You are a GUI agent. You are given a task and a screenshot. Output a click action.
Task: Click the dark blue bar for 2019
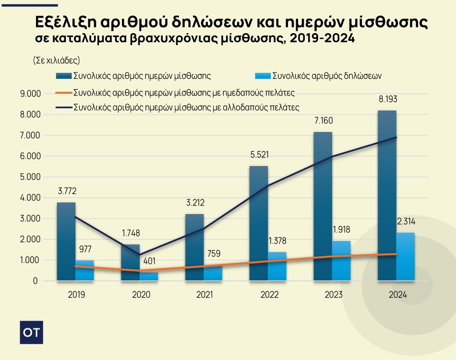point(66,241)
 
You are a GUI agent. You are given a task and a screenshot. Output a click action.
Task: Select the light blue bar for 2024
point(406,256)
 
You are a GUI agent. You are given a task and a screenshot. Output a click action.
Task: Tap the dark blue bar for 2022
point(259,223)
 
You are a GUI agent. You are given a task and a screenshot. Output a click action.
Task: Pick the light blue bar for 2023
point(341,261)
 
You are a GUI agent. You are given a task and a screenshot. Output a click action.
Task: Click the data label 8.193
point(388,99)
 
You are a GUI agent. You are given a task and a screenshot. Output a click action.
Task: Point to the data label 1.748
point(131,233)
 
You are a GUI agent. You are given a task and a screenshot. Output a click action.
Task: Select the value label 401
point(149,261)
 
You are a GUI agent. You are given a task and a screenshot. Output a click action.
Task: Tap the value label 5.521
point(259,155)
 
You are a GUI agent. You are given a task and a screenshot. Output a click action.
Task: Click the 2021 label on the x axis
point(204,295)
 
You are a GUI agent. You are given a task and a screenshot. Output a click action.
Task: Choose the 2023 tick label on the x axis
point(333,295)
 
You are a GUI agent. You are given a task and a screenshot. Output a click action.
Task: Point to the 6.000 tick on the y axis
point(30,156)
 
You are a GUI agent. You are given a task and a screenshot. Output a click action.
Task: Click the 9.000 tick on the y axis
point(30,94)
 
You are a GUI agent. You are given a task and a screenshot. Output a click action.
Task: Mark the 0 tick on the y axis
point(35,281)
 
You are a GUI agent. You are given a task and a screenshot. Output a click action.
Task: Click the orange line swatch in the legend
point(64,93)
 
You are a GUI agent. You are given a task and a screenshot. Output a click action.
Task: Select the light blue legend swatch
point(263,76)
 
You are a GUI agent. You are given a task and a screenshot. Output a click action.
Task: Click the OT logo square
point(31,332)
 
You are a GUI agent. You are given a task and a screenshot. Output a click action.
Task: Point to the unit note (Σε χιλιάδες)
point(57,60)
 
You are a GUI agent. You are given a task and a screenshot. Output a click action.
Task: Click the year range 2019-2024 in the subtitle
point(322,38)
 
